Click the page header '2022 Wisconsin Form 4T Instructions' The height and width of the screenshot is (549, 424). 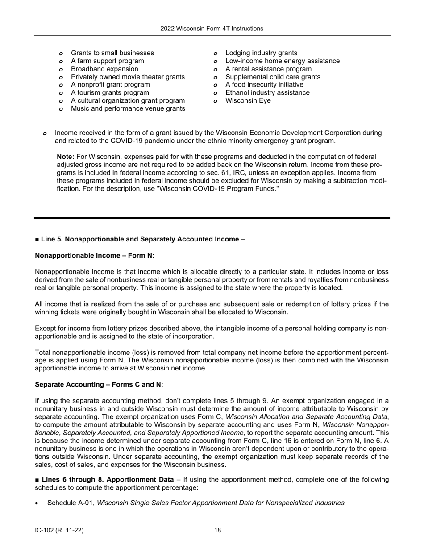click(x=212, y=29)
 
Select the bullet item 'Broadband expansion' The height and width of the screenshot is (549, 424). click(x=104, y=69)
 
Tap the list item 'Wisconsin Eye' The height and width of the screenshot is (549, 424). click(x=248, y=101)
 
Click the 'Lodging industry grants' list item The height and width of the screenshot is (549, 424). click(x=261, y=53)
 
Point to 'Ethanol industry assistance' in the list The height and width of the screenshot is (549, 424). click(x=267, y=93)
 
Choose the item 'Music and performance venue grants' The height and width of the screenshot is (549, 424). click(x=128, y=109)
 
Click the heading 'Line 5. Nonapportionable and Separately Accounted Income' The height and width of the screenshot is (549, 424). click(x=140, y=239)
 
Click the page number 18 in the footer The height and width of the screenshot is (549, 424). click(x=217, y=531)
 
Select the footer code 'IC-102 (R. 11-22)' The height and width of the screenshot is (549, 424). click(x=59, y=531)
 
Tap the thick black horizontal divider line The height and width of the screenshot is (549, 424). click(x=212, y=218)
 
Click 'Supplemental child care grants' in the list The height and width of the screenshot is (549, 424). click(x=273, y=77)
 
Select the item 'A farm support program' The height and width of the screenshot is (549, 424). click(x=107, y=61)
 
